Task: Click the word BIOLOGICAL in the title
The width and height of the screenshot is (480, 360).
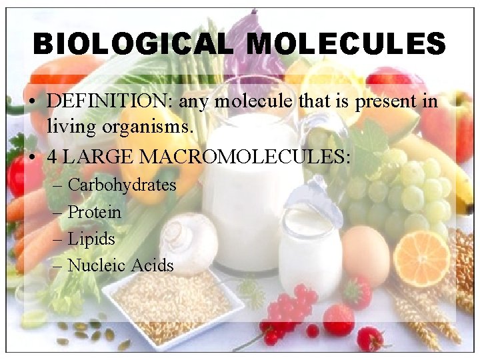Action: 133,45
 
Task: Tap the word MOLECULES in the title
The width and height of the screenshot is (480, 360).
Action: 345,45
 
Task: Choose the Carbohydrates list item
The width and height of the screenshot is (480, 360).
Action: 122,185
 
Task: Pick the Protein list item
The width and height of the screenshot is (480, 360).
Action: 95,212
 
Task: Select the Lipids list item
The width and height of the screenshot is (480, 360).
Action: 91,239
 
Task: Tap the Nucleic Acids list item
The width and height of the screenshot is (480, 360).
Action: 121,265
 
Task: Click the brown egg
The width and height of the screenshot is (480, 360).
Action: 365,255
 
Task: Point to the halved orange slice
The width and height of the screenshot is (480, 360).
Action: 421,258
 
